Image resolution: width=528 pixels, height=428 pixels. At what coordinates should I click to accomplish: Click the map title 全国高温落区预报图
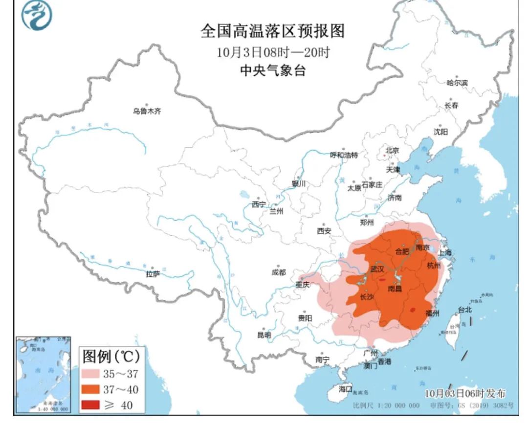tap(273, 31)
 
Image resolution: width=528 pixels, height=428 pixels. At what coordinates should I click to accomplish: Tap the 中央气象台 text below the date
tap(273, 70)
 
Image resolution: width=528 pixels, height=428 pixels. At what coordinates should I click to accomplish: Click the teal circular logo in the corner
tap(36, 16)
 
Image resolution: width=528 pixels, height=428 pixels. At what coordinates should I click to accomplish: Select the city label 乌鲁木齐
tap(147, 111)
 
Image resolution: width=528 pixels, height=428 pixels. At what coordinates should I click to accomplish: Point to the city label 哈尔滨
tap(457, 83)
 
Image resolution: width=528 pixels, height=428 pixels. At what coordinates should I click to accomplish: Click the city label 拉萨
tap(153, 274)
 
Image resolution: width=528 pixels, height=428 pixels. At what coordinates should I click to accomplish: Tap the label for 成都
tap(279, 272)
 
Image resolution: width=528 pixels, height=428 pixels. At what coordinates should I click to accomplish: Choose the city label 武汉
tap(377, 269)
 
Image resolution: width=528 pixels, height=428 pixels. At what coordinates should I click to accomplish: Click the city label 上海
tap(445, 253)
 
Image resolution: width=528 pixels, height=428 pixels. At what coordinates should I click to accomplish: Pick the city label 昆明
tap(264, 335)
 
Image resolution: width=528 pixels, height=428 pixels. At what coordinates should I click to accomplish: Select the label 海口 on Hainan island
tap(346, 389)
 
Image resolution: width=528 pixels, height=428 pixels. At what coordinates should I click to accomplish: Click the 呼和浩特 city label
tap(344, 155)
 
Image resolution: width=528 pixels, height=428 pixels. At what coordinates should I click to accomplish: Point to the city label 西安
tap(324, 230)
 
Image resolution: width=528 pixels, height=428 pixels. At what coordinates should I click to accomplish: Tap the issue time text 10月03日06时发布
tap(465, 393)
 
